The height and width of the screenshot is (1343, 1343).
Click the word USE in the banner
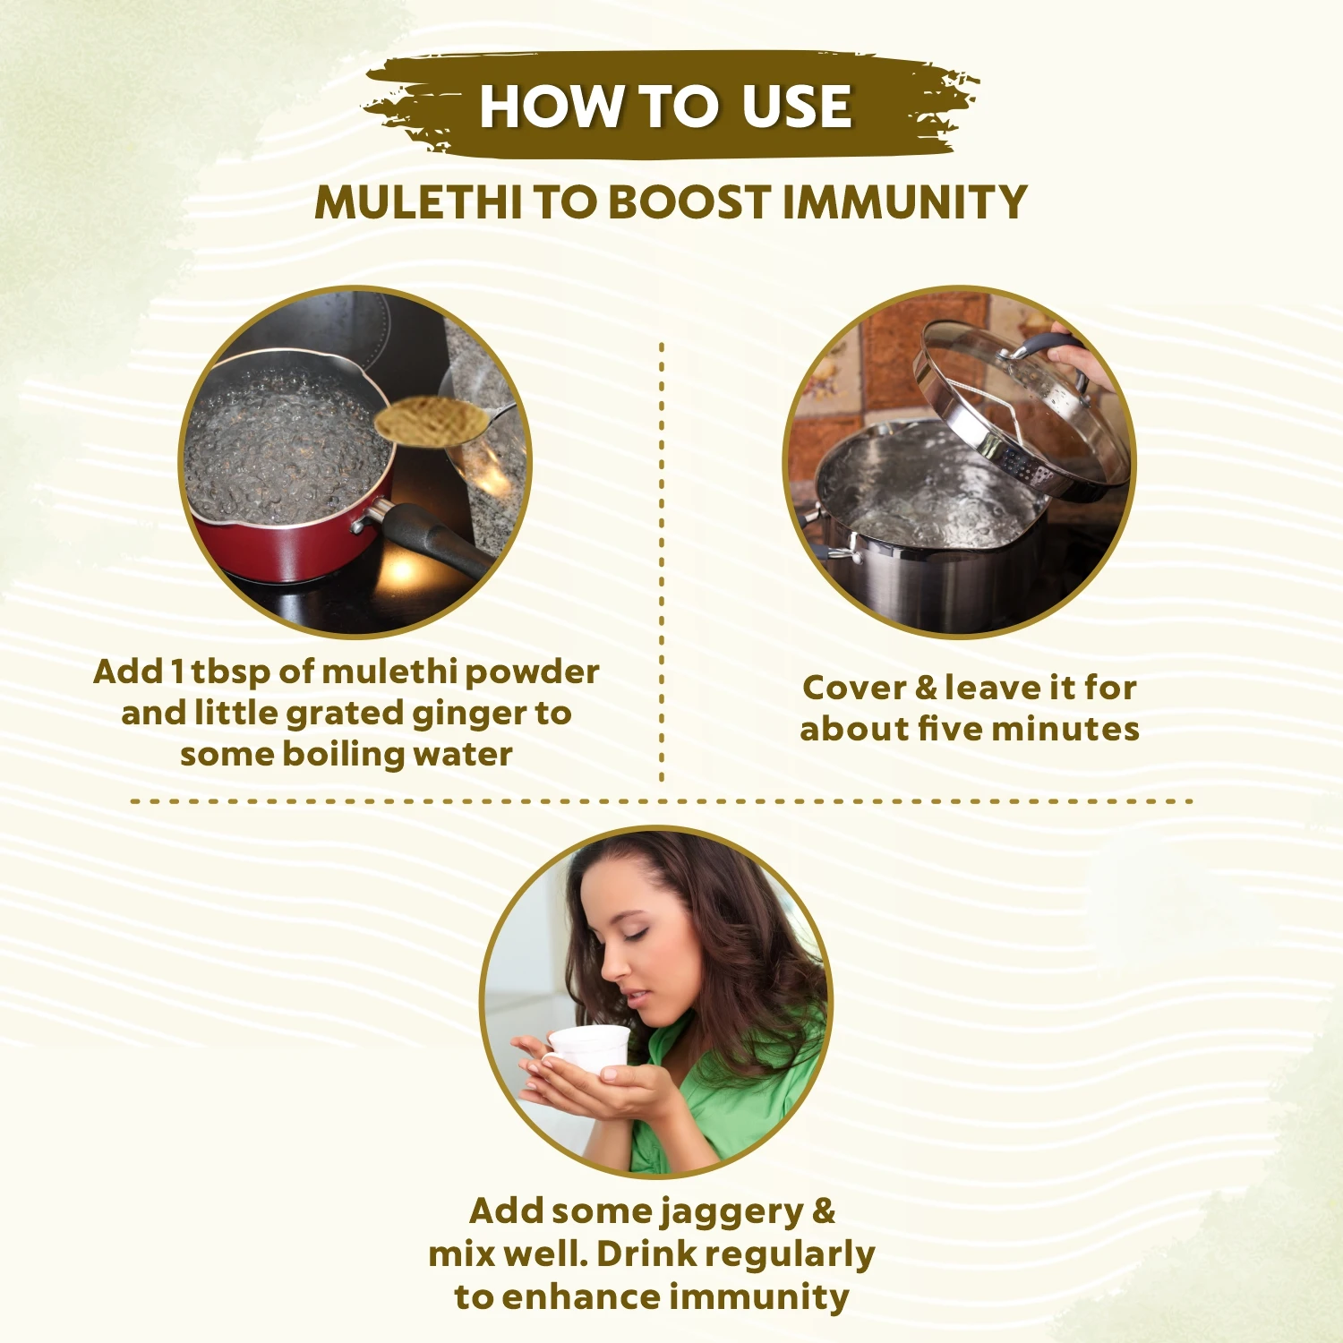[796, 107]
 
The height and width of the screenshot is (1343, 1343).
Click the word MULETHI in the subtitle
[418, 202]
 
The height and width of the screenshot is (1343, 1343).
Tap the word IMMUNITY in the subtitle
[904, 202]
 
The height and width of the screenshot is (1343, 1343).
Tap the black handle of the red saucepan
[434, 537]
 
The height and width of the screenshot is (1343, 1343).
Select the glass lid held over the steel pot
[1021, 403]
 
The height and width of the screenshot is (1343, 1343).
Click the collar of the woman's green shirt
[671, 1052]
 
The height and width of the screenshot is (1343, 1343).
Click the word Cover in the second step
[855, 688]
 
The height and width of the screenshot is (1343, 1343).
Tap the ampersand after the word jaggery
[824, 1211]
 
